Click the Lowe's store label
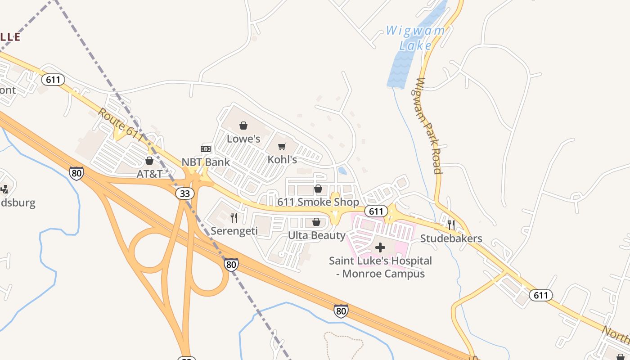[243, 139]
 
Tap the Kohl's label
[282, 160]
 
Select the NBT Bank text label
[206, 162]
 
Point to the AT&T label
[149, 174]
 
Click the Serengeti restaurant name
[234, 231]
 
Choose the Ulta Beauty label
[317, 235]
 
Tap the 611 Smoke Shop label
[318, 202]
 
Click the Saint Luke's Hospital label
[380, 267]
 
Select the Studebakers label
[451, 238]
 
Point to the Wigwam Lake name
[416, 38]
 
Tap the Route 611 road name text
[121, 126]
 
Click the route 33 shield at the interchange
[185, 193]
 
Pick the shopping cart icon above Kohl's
[282, 146]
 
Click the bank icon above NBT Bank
[206, 149]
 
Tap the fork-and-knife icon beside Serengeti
[234, 218]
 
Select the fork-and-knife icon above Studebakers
[451, 225]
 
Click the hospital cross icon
[380, 247]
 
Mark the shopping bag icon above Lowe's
[243, 126]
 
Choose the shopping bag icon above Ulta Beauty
[316, 222]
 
